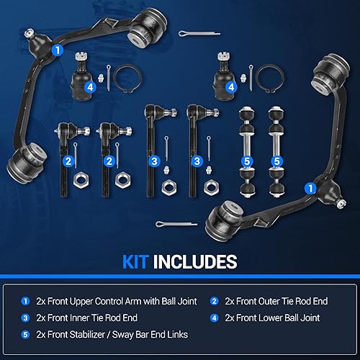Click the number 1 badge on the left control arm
pyautogui.click(x=57, y=50)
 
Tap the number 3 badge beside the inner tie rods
pyautogui.click(x=154, y=161)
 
